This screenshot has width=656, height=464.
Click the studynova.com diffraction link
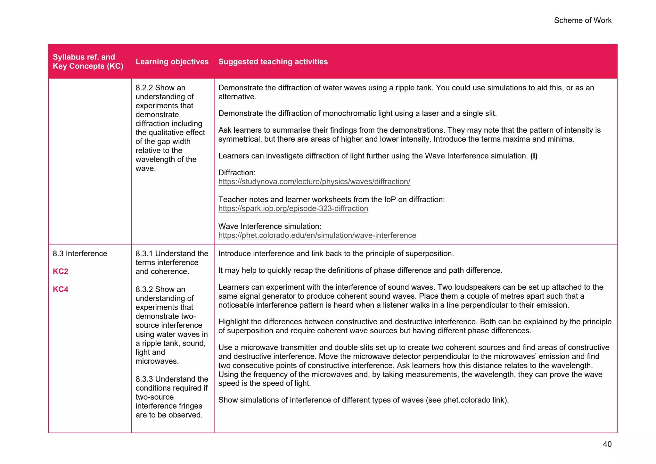pyautogui.click(x=314, y=182)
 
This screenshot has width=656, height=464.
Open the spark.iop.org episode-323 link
pyautogui.click(x=293, y=209)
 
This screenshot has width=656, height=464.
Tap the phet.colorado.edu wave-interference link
pyautogui.click(x=317, y=236)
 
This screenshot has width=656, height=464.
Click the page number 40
pyautogui.click(x=607, y=444)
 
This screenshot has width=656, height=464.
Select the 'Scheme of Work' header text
pyautogui.click(x=583, y=21)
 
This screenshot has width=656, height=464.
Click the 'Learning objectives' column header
pyautogui.click(x=172, y=62)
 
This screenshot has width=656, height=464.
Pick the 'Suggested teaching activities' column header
pyautogui.click(x=273, y=62)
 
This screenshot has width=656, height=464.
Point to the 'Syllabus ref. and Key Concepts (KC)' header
pyautogui.click(x=88, y=62)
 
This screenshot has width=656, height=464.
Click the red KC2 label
pyautogui.click(x=61, y=271)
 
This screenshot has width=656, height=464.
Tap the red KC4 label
pyautogui.click(x=61, y=289)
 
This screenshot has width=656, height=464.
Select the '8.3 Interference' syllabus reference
pyautogui.click(x=80, y=253)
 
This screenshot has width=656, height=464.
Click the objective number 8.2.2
pyautogui.click(x=144, y=88)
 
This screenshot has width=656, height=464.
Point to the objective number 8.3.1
pyautogui.click(x=144, y=253)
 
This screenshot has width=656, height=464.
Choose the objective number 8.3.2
pyautogui.click(x=144, y=289)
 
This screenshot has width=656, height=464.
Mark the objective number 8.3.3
pyautogui.click(x=144, y=379)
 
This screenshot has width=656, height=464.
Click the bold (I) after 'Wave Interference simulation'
pyautogui.click(x=534, y=156)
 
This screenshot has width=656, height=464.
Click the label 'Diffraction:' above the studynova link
pyautogui.click(x=237, y=173)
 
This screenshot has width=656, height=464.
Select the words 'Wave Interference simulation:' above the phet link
pyautogui.click(x=270, y=227)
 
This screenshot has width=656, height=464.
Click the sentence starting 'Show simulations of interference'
pyautogui.click(x=363, y=400)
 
